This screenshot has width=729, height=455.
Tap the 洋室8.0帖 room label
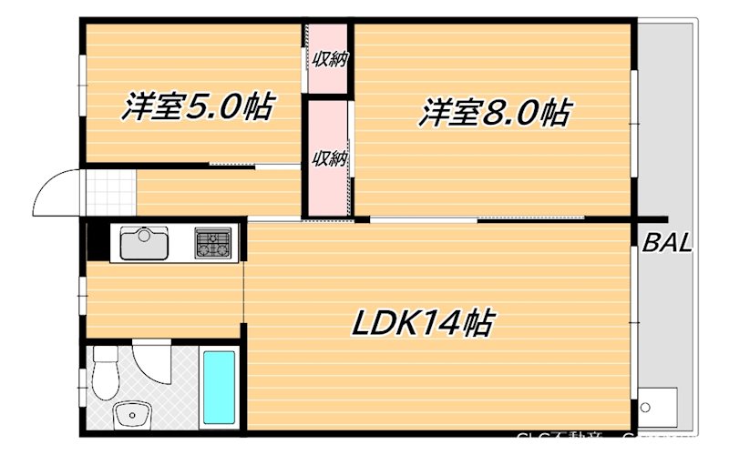[x=495, y=114]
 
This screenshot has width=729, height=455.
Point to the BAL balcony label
[x=668, y=243]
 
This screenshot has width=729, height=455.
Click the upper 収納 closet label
[x=329, y=61]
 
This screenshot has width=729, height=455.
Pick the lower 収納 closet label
[x=329, y=158]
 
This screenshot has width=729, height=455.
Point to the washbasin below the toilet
[x=130, y=416]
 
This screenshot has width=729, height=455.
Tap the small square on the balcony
[x=658, y=405]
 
